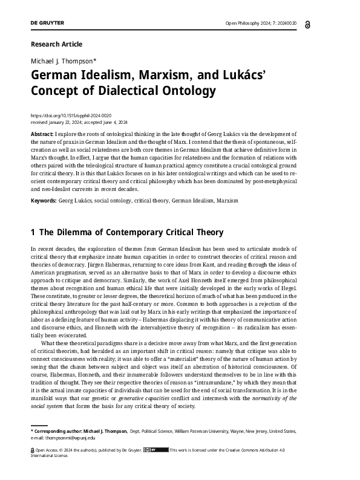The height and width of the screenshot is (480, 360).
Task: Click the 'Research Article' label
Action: pos(56,44)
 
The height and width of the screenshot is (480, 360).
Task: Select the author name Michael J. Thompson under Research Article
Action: pos(59,62)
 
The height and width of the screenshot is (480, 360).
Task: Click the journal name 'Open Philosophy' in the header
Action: pos(242,24)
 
